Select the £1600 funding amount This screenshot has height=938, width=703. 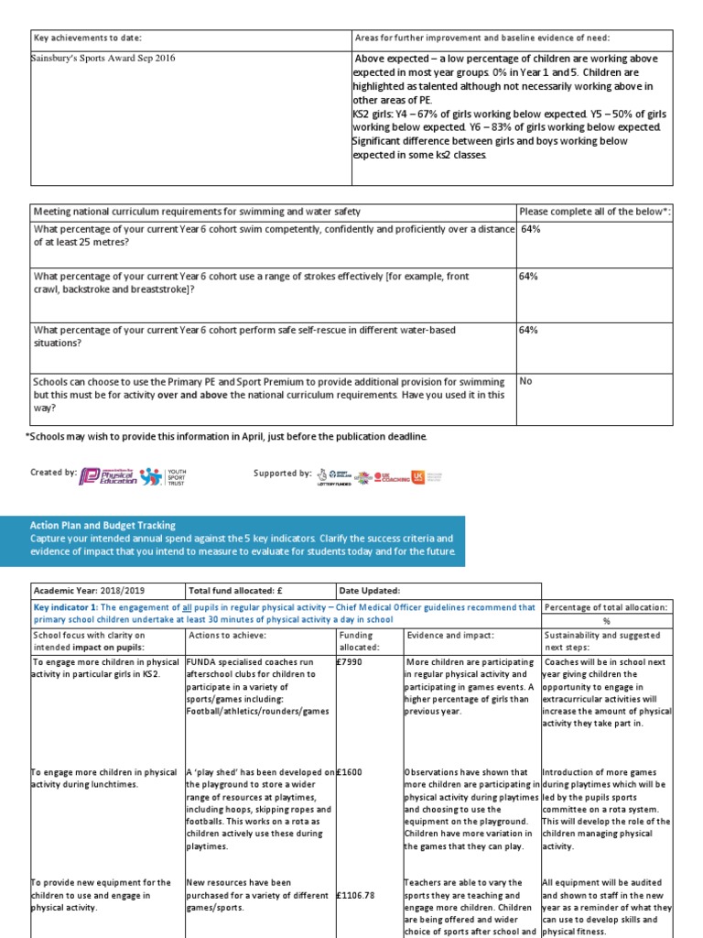[349, 772]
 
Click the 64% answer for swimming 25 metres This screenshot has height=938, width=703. [530, 229]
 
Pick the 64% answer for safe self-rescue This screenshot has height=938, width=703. [528, 330]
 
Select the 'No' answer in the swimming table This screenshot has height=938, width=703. [525, 381]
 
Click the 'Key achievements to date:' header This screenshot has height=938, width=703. [88, 38]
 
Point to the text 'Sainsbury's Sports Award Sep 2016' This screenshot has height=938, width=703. [103, 59]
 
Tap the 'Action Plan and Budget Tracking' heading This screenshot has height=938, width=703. [103, 526]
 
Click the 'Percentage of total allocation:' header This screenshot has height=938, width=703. [607, 607]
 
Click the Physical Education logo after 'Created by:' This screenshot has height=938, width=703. [109, 474]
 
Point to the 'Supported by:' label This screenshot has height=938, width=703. [282, 474]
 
